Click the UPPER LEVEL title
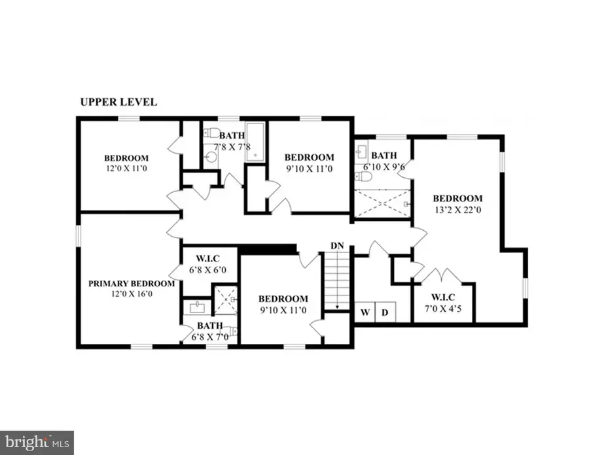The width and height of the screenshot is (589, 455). point(118,102)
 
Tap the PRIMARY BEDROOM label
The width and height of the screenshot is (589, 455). point(132,284)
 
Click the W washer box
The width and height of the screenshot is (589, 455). point(365,312)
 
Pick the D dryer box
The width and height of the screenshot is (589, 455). point(385,312)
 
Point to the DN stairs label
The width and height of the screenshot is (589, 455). point(337,245)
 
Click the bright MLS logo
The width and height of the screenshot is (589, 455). point(37,442)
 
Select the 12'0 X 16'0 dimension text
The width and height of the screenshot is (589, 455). point(132,294)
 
